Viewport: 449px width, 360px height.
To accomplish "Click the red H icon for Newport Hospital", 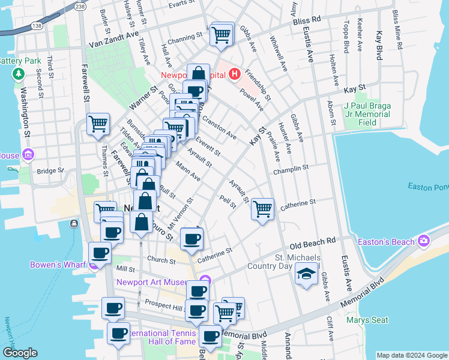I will (235, 75).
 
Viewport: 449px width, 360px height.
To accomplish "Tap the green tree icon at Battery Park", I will (18, 75).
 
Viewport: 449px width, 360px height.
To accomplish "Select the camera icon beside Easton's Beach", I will (424, 241).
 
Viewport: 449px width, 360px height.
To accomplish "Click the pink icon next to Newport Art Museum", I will (206, 280).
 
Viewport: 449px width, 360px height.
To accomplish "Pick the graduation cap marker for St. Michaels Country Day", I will (306, 275).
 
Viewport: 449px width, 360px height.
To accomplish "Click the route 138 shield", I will (37, 26).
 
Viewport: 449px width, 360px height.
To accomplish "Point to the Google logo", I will (19, 353).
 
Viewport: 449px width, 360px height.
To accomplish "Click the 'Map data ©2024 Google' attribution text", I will (411, 355).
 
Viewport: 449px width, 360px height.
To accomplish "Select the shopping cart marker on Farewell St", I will (98, 124).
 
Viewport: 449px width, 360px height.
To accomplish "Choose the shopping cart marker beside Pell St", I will (262, 209).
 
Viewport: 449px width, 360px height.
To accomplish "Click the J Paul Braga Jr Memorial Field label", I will (367, 114).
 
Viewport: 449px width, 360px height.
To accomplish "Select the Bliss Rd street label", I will (307, 20).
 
